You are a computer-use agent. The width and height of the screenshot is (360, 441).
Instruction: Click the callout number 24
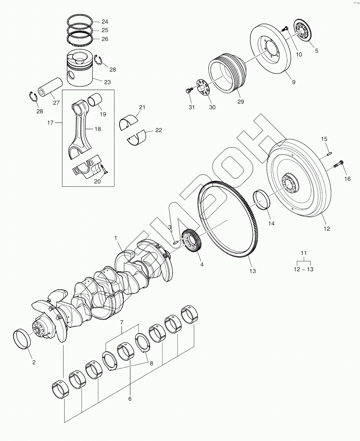pos(105,21)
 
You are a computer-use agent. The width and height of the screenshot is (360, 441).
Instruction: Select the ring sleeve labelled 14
pos(263,200)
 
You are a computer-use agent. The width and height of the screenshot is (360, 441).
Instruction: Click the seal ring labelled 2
pos(23,339)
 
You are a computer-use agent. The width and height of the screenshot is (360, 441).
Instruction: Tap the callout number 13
pos(253,271)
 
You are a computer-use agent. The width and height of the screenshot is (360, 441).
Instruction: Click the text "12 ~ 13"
pos(304,269)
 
